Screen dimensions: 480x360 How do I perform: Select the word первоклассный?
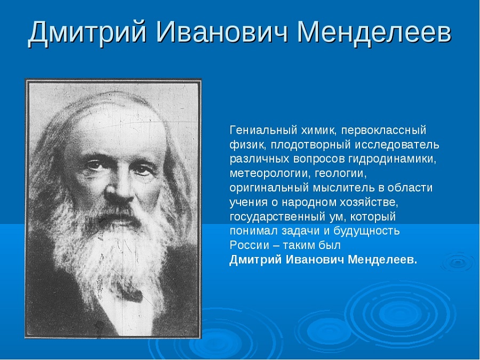(384, 131)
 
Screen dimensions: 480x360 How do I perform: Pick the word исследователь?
(397, 145)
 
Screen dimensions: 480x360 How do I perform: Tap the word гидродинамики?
(392, 159)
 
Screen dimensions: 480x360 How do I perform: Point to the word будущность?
(366, 231)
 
